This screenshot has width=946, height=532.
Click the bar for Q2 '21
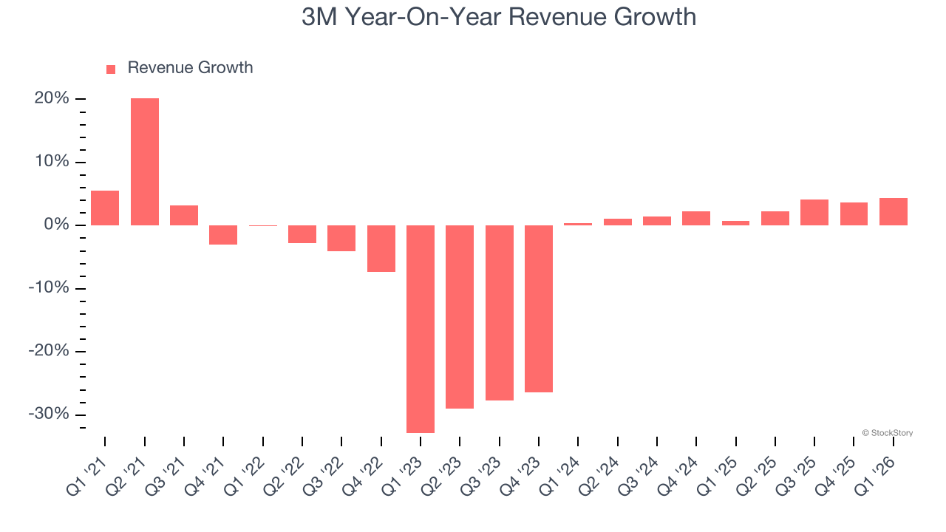(145, 162)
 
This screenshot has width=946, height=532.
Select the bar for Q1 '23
(421, 329)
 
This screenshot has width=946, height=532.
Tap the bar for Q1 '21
(105, 208)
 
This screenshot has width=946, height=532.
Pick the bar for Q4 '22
(381, 248)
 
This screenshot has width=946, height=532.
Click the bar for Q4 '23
(539, 309)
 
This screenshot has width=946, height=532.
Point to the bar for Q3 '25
(814, 212)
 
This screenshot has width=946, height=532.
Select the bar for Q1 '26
(894, 211)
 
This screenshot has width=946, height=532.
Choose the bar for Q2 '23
(460, 317)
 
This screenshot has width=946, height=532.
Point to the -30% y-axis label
(49, 415)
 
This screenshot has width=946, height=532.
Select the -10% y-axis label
(49, 288)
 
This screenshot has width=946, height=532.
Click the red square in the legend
(111, 69)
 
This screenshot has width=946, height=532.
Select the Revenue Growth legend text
(190, 68)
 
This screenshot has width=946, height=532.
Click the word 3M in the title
(319, 17)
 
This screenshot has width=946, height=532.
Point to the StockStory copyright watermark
(887, 433)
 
